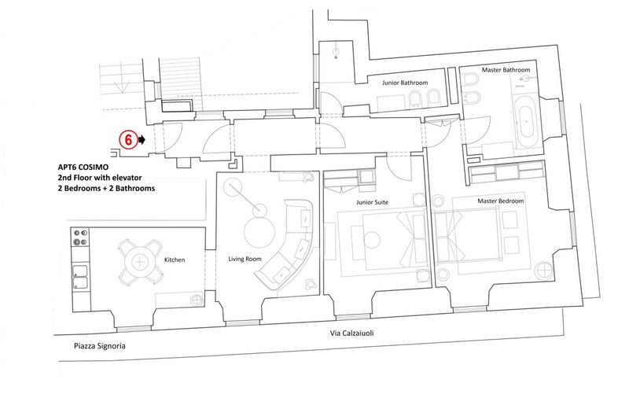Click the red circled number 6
pyautogui.click(x=128, y=140)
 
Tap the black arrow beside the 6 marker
pyautogui.click(x=142, y=139)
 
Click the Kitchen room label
pyautogui.click(x=175, y=260)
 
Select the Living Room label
pyautogui.click(x=245, y=259)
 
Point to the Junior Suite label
pyautogui.click(x=372, y=202)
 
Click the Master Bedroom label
pyautogui.click(x=501, y=201)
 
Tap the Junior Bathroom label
pyautogui.click(x=405, y=83)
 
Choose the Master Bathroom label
pyautogui.click(x=506, y=70)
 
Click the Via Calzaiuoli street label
pyautogui.click(x=351, y=333)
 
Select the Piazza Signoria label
pyautogui.click(x=100, y=346)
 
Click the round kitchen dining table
pyautogui.click(x=139, y=263)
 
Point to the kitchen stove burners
pyautogui.click(x=80, y=237)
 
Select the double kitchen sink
pyautogui.click(x=80, y=277)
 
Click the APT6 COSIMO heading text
pyautogui.click(x=83, y=167)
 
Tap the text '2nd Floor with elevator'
pyautogui.click(x=100, y=177)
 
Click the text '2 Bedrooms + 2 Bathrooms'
pyautogui.click(x=106, y=188)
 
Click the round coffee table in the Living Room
pyautogui.click(x=259, y=233)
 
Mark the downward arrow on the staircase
pyautogui.click(x=122, y=85)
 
